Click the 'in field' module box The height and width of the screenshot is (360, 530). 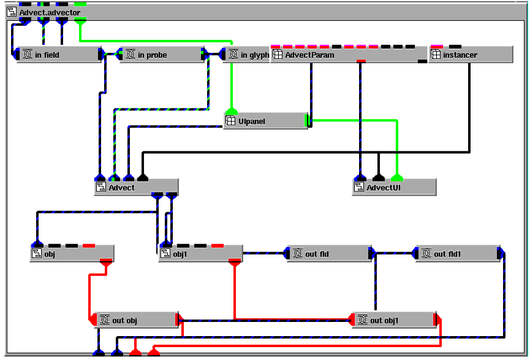[59, 55]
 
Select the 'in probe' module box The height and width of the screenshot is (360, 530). [162, 55]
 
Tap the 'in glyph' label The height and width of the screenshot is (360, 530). [255, 55]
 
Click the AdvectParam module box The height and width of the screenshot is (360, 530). [349, 55]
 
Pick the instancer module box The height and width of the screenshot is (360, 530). [471, 55]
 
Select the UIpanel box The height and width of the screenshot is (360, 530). [266, 121]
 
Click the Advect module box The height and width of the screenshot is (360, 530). [136, 187]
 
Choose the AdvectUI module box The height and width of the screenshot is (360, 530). [394, 187]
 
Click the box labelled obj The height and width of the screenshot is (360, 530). [72, 253]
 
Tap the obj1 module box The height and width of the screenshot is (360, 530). [201, 253]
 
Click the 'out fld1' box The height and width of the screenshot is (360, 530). [458, 253]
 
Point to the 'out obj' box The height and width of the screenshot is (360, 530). [136, 320]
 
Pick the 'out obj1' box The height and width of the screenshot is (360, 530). [394, 320]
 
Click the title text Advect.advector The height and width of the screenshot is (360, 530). [50, 12]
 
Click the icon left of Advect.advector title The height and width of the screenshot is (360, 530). [12, 12]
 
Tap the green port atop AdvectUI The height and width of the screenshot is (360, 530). [397, 177]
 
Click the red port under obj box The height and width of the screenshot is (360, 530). [106, 261]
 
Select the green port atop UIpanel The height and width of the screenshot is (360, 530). [232, 111]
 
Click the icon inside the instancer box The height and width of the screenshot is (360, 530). [436, 54]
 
